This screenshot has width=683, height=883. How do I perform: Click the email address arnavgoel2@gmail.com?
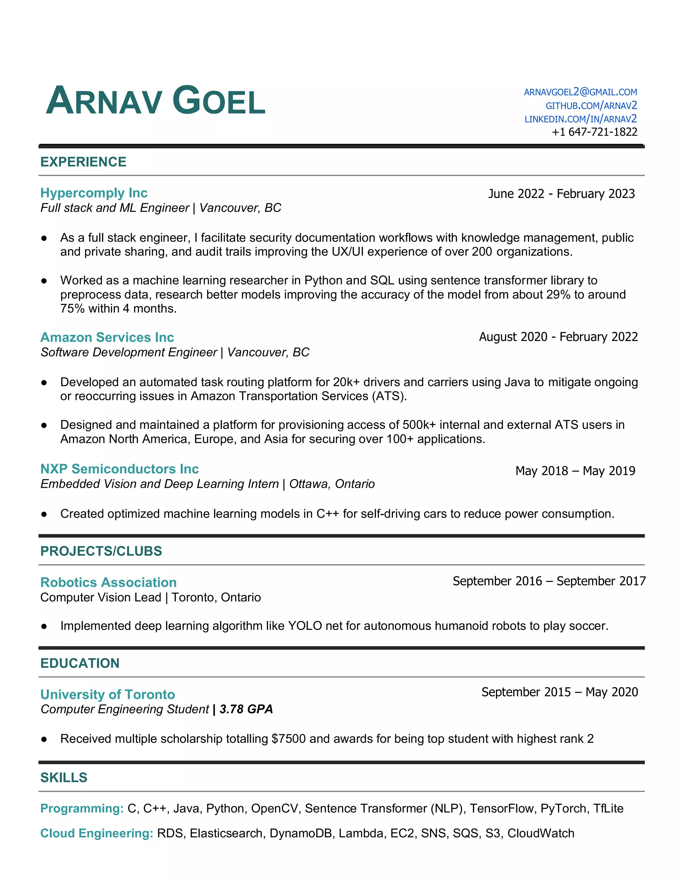coord(580,92)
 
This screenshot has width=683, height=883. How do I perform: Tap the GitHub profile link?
coord(591,106)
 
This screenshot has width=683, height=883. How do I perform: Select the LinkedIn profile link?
coord(581,119)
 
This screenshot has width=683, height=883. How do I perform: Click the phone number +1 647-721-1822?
coord(594,132)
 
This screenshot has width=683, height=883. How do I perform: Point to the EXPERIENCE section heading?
coord(83,162)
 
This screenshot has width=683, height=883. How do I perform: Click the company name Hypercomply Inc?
coord(94,193)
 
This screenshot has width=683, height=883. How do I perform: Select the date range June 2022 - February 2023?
coord(561,194)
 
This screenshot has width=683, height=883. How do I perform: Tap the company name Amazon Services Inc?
coord(107,337)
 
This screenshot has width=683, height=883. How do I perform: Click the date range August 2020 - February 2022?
coord(558,337)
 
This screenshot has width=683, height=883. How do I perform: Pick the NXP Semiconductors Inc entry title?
coord(120,469)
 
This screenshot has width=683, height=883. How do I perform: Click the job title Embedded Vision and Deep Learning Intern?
coord(160,484)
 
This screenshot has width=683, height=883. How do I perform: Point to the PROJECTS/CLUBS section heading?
coord(101,551)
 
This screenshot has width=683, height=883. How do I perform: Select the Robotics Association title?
coord(108,582)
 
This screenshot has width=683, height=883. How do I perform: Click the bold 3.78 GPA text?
coord(246,709)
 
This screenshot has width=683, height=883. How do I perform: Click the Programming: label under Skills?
coord(82,808)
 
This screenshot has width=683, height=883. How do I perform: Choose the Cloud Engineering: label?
coord(97,833)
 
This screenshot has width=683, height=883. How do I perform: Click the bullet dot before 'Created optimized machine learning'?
coord(44,514)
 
